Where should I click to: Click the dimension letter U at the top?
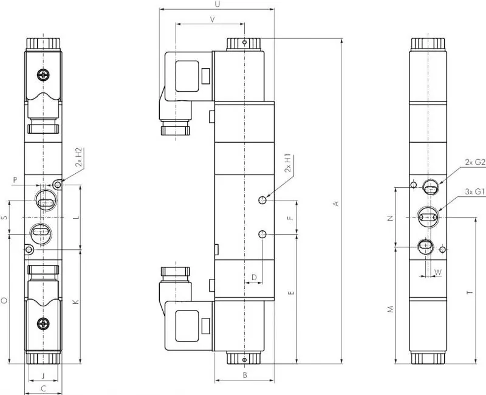[217, 4]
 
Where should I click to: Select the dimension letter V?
[212, 19]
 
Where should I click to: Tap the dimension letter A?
[336, 204]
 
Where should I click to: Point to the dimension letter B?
[245, 375]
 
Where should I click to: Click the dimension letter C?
[43, 388]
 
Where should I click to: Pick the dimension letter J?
[43, 376]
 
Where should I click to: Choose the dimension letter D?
[254, 277]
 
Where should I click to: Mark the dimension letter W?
[438, 272]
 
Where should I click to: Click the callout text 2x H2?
[79, 157]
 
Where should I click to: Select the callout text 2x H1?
[288, 163]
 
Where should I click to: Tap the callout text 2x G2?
[475, 162]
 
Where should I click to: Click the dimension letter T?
[470, 292]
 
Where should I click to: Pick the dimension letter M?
[391, 309]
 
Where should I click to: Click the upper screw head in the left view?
[43, 75]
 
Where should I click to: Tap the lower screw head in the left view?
[43, 324]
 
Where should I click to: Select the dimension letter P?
[15, 179]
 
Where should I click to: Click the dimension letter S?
[4, 218]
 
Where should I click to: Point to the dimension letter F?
[290, 218]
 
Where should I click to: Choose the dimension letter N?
[391, 218]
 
